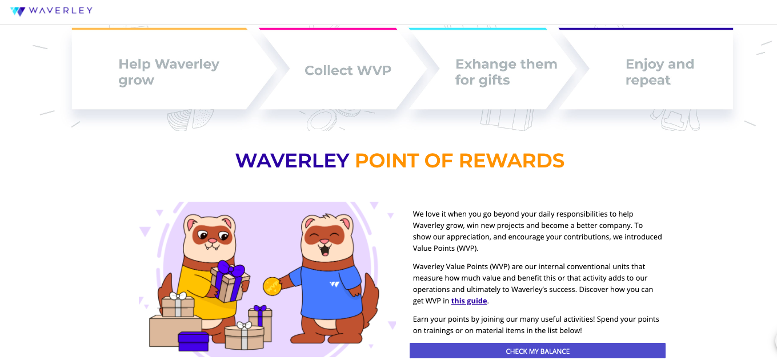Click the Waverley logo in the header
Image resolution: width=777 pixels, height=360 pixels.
tap(51, 11)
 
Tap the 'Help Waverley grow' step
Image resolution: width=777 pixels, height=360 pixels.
tap(169, 72)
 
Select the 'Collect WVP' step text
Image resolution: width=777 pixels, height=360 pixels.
tap(348, 70)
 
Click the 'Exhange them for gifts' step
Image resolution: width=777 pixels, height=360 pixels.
tap(506, 72)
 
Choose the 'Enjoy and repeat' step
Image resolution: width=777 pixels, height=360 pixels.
tap(660, 72)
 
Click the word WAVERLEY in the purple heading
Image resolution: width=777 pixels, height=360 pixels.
tap(292, 161)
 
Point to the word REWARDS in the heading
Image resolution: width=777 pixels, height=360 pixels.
tap(512, 161)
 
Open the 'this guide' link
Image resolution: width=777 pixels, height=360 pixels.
tap(469, 301)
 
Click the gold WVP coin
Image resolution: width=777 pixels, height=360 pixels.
tap(272, 286)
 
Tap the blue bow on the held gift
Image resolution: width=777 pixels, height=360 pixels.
tap(230, 269)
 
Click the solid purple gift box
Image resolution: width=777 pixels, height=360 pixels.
tap(194, 341)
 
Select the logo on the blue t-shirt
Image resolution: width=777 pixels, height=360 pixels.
tap(334, 284)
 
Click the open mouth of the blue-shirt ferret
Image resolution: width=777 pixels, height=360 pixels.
tap(325, 249)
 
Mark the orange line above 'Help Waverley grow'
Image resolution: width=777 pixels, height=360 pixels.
tap(159, 29)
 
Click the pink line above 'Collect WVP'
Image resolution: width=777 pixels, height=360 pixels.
tap(328, 29)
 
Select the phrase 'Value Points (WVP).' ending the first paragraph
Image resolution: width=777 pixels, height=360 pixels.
tap(446, 249)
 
